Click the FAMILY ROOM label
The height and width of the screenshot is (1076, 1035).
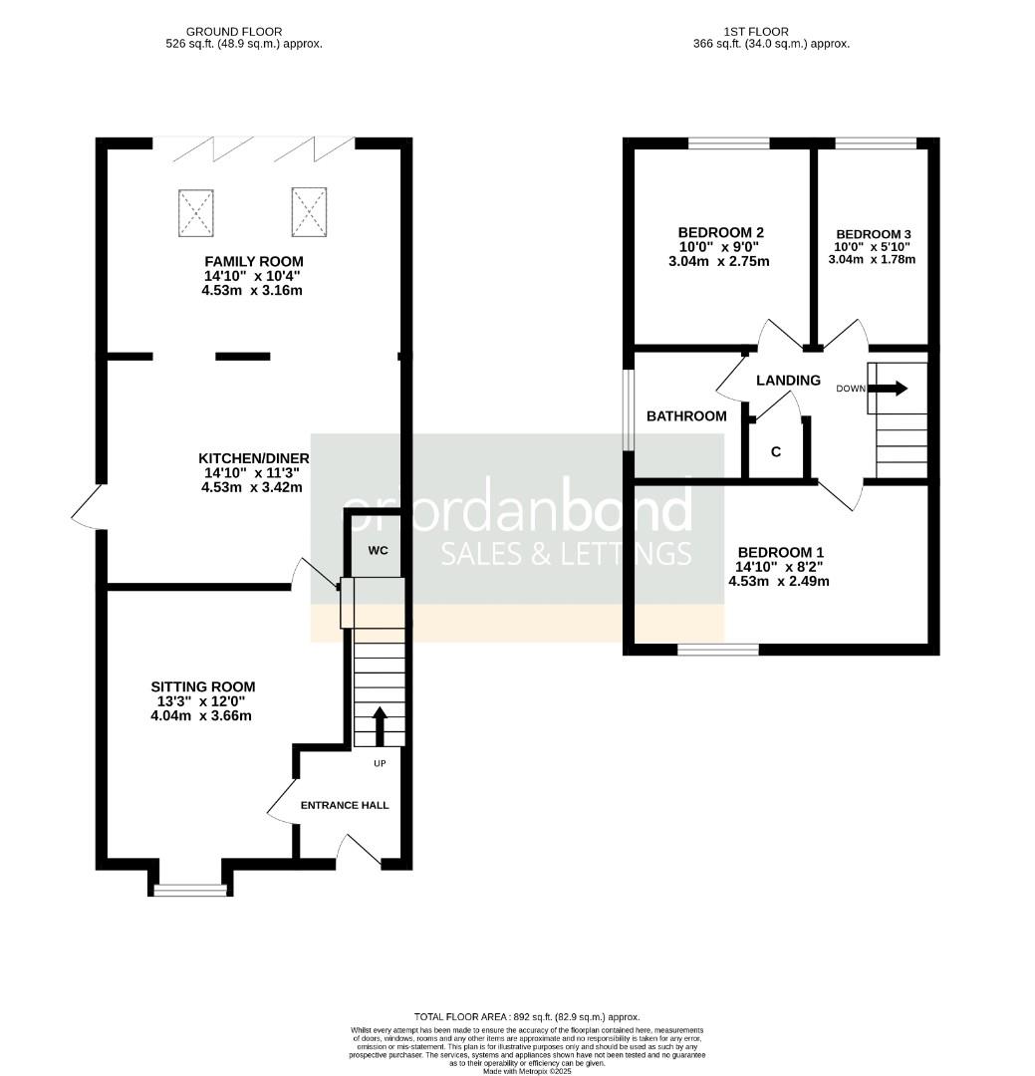pos(252,260)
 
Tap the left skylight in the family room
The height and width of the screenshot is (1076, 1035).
pos(196,212)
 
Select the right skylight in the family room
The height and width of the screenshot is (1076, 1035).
pos(310,210)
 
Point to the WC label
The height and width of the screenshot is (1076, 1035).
pos(378,550)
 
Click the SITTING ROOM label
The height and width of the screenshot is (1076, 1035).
pos(202,686)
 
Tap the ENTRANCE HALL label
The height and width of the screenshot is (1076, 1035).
pos(345,805)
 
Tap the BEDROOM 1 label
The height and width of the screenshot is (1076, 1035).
pos(780,552)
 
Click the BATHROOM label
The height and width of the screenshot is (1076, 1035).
pos(686,416)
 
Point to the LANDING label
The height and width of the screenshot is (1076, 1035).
pos(788,381)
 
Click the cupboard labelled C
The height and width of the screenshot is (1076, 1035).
pos(776,452)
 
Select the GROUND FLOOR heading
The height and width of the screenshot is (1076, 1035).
pos(233,32)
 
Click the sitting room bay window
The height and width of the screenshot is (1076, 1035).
pos(189,889)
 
